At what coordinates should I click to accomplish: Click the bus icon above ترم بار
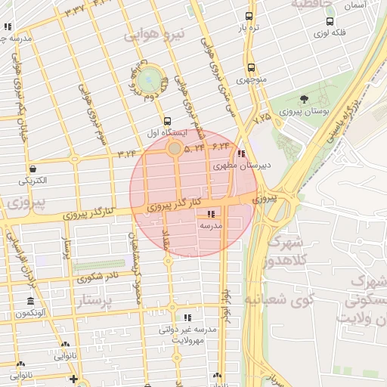click(249, 16)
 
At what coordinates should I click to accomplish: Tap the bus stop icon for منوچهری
click(251, 68)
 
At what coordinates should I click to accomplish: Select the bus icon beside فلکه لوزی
click(330, 21)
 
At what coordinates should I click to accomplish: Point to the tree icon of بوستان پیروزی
click(304, 100)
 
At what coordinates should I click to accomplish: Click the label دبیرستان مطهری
click(242, 165)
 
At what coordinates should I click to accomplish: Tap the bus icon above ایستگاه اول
click(167, 120)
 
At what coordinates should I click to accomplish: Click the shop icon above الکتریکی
click(33, 169)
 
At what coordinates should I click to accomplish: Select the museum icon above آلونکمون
click(30, 301)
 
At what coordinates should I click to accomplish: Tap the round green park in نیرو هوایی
click(150, 76)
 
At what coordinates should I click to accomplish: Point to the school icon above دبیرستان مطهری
click(241, 154)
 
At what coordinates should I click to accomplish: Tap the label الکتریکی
click(33, 181)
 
